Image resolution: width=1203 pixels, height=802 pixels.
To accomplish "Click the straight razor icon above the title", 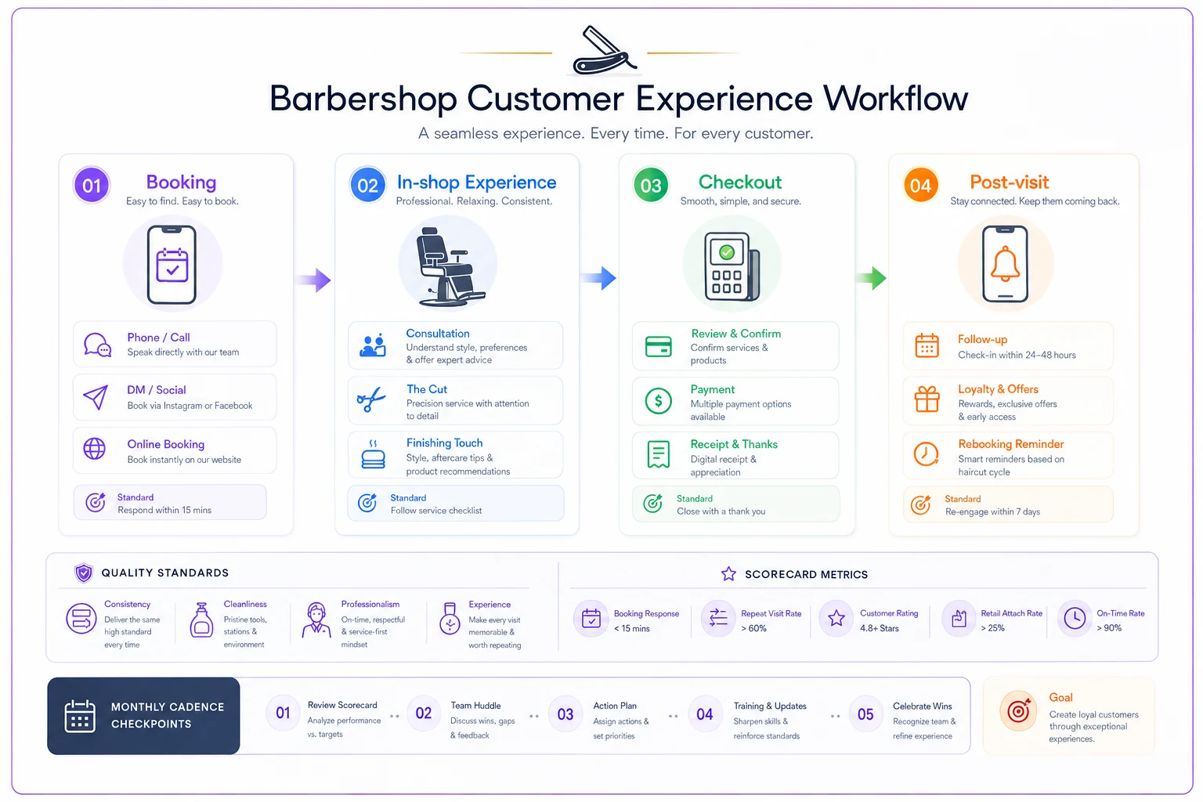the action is [x=603, y=50].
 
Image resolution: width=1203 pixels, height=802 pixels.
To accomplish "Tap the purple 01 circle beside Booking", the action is [x=92, y=186].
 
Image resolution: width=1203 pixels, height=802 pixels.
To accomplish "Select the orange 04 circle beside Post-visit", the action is [x=920, y=186].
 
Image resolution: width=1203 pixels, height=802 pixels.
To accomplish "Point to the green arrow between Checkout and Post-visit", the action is [x=871, y=278].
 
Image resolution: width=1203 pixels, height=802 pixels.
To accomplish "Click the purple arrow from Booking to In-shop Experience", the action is [x=313, y=280].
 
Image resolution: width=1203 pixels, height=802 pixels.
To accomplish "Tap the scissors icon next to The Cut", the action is [x=371, y=399].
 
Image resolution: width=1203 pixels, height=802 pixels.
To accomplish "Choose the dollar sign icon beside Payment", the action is [x=659, y=401].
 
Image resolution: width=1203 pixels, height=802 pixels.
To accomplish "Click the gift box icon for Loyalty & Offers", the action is [x=927, y=399].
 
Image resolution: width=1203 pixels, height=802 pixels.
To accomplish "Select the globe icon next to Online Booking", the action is [x=95, y=449].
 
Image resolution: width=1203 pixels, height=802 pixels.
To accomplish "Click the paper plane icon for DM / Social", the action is [x=96, y=397].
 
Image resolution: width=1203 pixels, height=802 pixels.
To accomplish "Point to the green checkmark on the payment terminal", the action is [x=727, y=252].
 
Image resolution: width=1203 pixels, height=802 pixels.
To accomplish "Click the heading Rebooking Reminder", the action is [x=1011, y=444].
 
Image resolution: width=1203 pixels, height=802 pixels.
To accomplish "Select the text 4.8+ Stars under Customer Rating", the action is [x=880, y=628].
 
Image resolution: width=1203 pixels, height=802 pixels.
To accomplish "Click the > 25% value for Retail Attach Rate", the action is [x=992, y=628].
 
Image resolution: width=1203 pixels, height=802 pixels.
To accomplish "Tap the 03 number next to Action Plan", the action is [x=565, y=714].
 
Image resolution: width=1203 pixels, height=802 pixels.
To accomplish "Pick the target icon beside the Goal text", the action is [x=1017, y=711].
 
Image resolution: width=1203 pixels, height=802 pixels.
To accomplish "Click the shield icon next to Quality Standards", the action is [x=83, y=573].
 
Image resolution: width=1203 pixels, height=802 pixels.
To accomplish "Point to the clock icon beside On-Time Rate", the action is [x=1075, y=618].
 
